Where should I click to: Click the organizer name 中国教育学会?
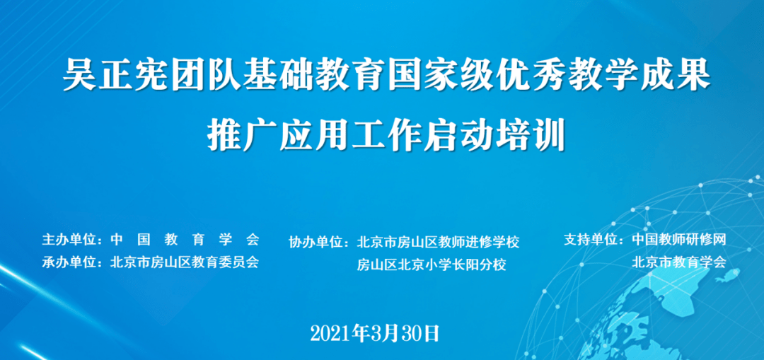pyautogui.click(x=185, y=238)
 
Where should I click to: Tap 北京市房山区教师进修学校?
pyautogui.click(x=439, y=242)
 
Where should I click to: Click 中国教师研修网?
pyautogui.click(x=679, y=239)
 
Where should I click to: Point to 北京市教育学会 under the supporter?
pyautogui.click(x=679, y=262)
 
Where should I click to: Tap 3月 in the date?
pyautogui.click(x=386, y=333)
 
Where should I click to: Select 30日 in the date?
pyautogui.click(x=422, y=333)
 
